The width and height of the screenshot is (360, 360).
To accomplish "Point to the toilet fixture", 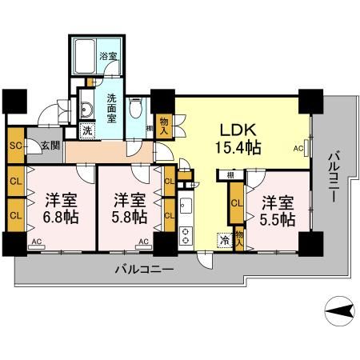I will tap(137, 106).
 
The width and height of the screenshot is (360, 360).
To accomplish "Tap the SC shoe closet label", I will tap(14, 146).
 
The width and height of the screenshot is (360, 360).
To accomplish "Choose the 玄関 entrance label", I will tap(37, 146).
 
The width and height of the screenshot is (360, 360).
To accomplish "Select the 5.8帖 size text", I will tap(129, 216).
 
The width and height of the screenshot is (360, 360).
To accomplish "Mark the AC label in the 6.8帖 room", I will tap(36, 240).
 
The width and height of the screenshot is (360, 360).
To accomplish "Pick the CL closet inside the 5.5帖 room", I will tap(236, 203).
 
